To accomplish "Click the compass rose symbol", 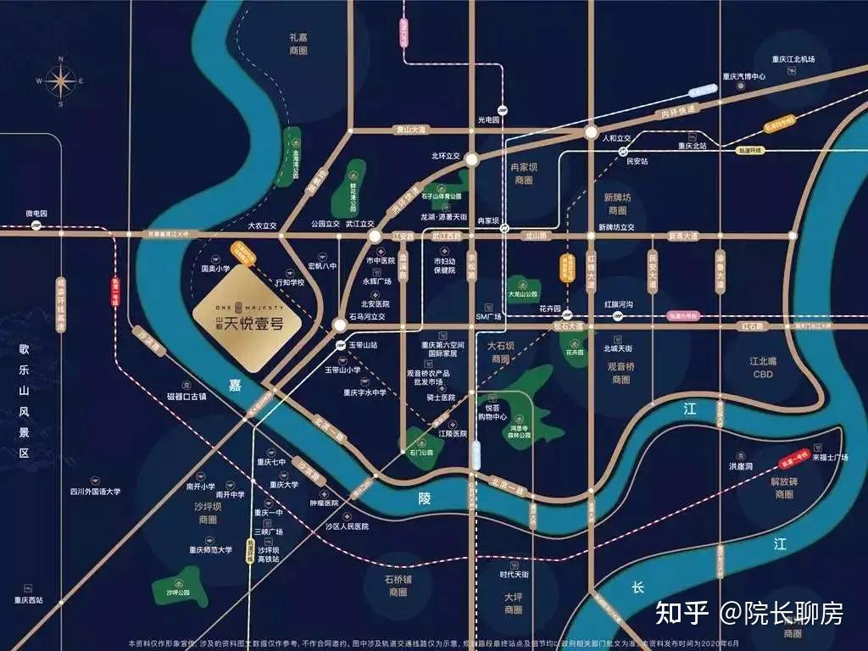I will click(60, 81).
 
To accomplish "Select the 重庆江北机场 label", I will click(793, 59).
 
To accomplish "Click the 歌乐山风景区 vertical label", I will click(25, 398).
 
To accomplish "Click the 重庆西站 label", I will click(28, 600).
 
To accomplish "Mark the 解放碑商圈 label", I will click(784, 487).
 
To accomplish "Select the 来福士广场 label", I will click(830, 458).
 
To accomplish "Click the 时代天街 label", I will click(514, 575).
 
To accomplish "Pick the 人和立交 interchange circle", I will click(590, 132).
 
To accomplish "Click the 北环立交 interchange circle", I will click(470, 158).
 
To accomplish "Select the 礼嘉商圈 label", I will click(298, 44).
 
